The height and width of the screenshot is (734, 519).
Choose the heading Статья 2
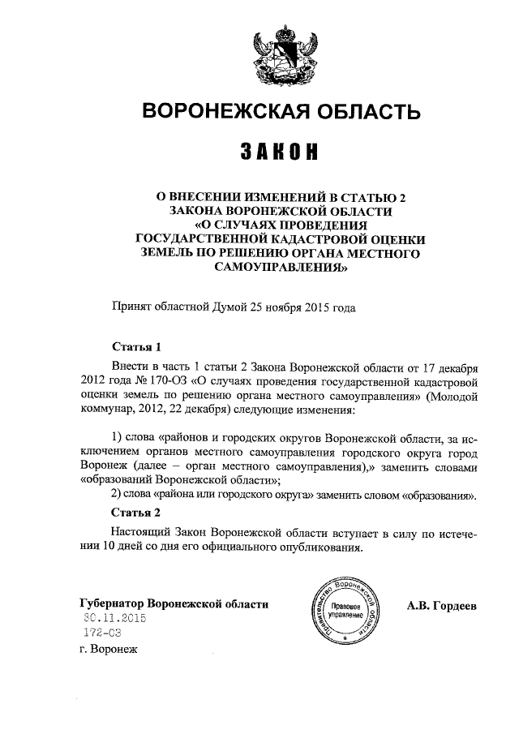pos(131,513)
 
